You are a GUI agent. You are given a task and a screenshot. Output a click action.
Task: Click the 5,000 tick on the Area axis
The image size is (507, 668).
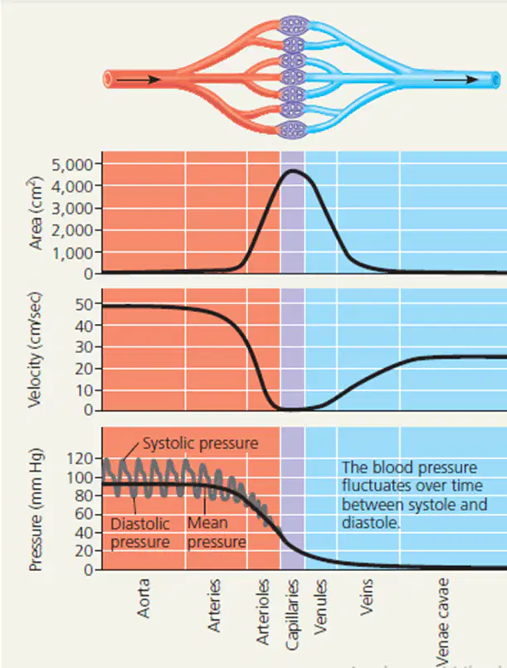(71, 164)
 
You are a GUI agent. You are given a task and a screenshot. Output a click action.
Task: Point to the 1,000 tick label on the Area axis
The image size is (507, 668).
(71, 253)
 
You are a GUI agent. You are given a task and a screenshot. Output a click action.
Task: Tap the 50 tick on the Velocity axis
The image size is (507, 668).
(84, 304)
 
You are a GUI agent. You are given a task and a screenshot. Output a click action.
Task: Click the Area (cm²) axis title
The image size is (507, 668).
(36, 213)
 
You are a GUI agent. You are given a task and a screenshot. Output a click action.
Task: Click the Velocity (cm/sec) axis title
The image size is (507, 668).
(35, 350)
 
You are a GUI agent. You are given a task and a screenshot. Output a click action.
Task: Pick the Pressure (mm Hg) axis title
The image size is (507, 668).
(36, 509)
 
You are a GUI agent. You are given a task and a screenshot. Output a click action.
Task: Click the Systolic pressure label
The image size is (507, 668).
(201, 443)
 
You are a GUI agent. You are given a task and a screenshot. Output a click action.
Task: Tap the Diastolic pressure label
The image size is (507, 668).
(140, 533)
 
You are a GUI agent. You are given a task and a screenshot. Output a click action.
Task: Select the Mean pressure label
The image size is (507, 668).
(217, 533)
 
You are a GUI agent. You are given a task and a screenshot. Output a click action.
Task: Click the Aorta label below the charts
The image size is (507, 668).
(144, 598)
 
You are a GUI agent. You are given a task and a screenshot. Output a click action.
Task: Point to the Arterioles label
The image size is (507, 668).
(263, 612)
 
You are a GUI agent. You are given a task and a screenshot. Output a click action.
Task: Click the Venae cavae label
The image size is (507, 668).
(442, 622)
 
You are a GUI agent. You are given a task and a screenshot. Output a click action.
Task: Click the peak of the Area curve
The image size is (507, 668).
(293, 171)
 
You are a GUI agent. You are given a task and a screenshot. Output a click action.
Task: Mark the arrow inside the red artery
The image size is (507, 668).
(138, 80)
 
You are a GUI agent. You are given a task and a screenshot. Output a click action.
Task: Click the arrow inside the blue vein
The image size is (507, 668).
(456, 80)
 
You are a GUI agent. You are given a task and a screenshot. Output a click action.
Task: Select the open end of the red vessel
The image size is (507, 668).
(107, 80)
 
